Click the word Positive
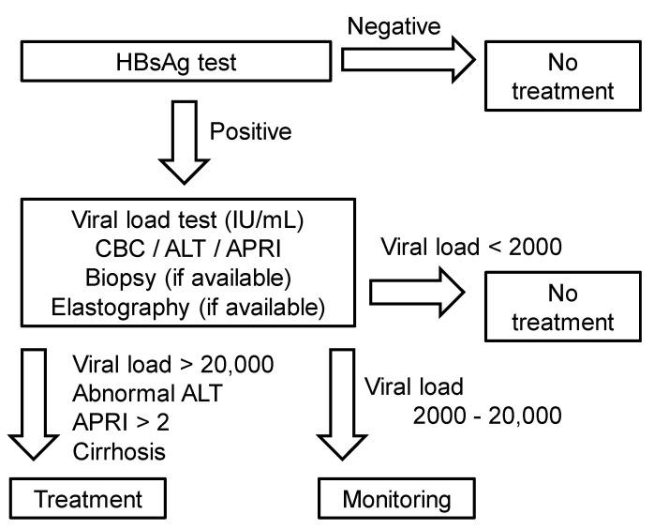[x=249, y=131]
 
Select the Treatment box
[x=87, y=500]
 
